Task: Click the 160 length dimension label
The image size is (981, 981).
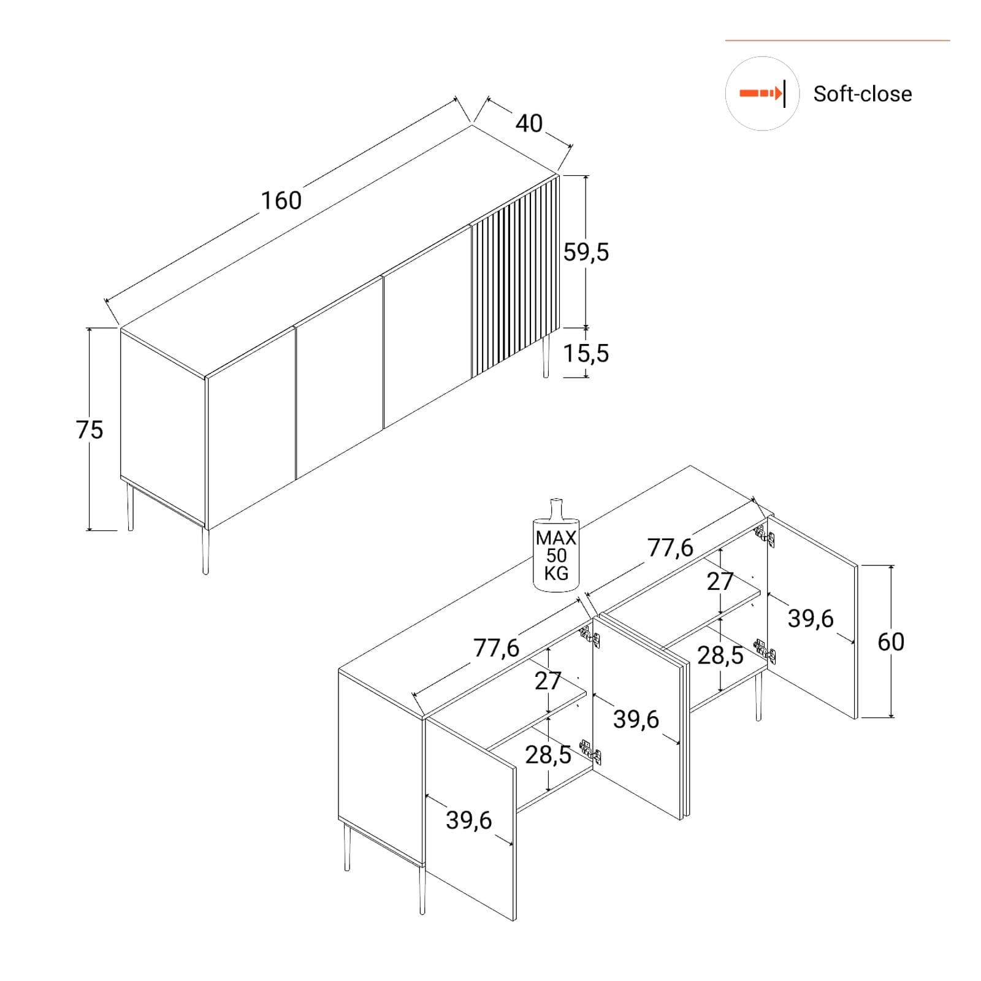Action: tap(281, 200)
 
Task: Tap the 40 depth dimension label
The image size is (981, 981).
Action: tap(529, 124)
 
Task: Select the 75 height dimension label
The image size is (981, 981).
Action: tap(90, 430)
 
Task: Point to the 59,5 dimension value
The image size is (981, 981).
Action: tap(586, 252)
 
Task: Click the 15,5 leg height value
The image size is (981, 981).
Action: tap(586, 353)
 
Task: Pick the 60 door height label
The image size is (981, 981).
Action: tap(891, 642)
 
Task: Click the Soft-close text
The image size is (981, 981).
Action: tap(863, 94)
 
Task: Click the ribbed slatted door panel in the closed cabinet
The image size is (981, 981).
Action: tap(515, 277)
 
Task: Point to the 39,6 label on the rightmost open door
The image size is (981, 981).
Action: tap(811, 619)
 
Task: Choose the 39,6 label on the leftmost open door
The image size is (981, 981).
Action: tap(468, 820)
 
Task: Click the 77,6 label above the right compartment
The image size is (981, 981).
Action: tap(671, 548)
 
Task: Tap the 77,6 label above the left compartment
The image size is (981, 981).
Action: tap(496, 648)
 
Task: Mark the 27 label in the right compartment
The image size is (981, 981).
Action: tap(720, 581)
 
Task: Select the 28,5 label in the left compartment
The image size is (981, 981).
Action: tap(548, 755)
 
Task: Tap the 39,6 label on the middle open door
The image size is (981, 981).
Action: tap(636, 719)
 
